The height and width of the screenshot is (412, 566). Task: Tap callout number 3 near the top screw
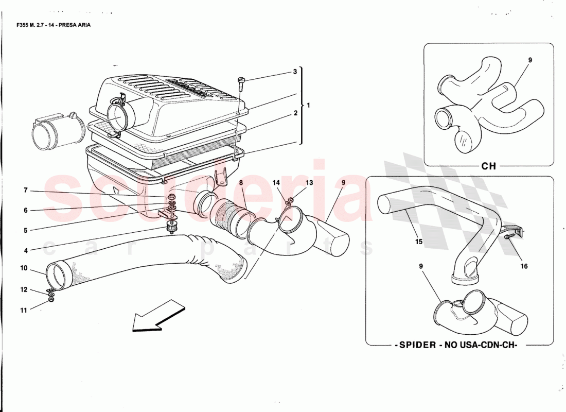(295, 72)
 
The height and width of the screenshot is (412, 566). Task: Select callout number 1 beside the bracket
(308, 105)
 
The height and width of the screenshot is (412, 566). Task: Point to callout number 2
(295, 113)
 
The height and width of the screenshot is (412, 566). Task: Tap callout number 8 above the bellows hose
(240, 183)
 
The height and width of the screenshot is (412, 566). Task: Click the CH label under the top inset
(488, 166)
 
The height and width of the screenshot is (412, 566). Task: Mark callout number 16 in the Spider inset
(524, 267)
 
